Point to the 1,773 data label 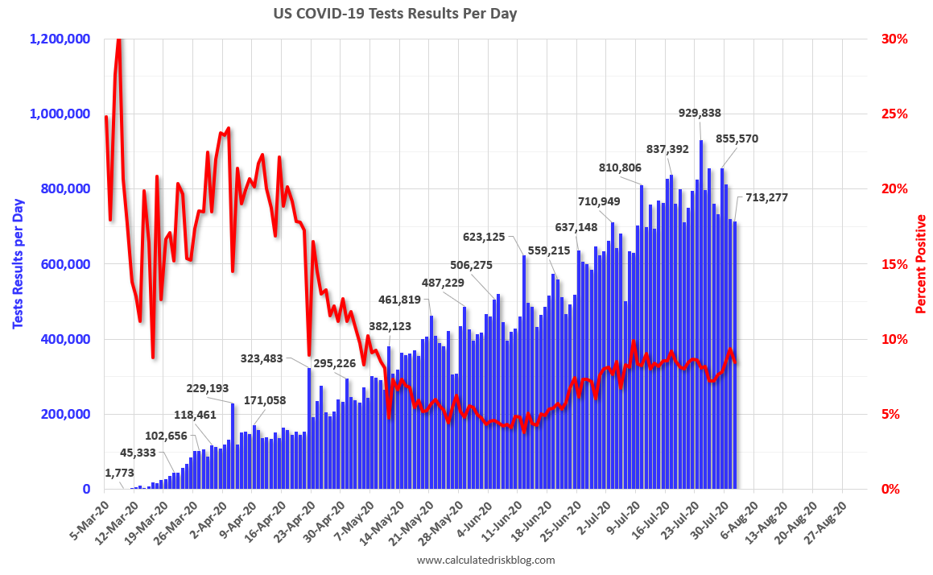click(120, 473)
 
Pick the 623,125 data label click(489, 237)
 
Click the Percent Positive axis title click(921, 263)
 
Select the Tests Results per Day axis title click(18, 264)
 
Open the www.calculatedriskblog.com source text click(486, 560)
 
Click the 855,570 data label click(731, 139)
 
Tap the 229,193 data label click(208, 388)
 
